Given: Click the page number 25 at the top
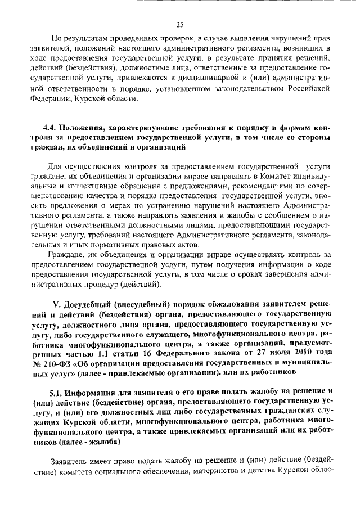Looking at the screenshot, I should click(180, 24).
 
